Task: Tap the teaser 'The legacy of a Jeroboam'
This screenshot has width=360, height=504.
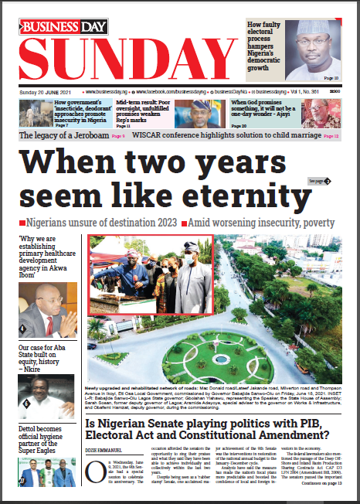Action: (x=64, y=135)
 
